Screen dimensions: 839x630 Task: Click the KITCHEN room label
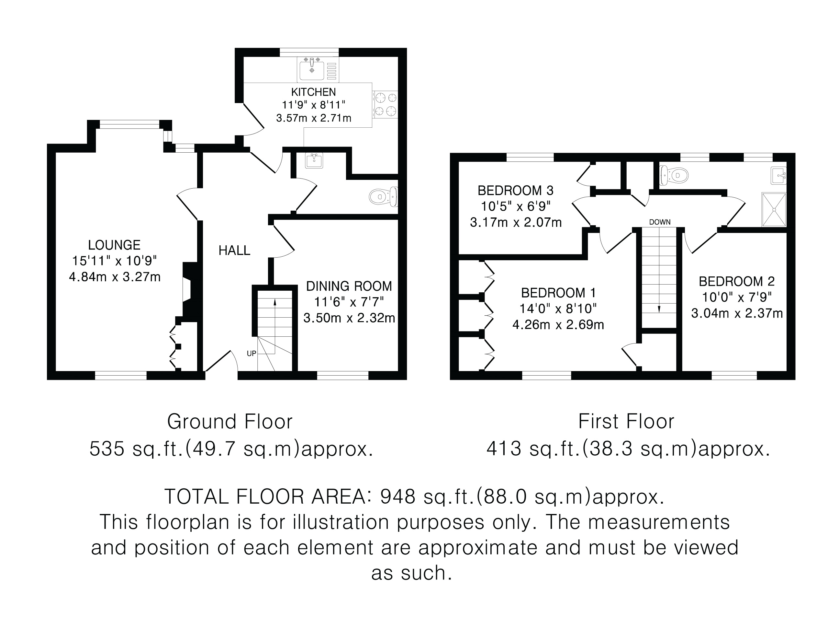pos(313,92)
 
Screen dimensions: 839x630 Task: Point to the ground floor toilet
pos(383,197)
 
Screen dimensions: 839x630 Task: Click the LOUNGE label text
pos(114,245)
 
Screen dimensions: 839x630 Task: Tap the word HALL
pos(234,250)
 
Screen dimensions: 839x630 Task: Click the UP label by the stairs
pos(252,354)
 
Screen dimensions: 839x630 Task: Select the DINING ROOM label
pos(349,286)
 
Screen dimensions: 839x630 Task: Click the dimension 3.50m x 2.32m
pos(349,318)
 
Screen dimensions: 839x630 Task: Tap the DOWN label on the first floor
pos(660,222)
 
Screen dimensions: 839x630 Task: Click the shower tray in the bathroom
pos(774,209)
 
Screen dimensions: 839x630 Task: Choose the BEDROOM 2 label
pos(737,281)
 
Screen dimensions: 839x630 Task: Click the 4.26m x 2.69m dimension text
pos(558,325)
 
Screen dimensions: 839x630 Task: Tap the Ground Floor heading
pos(230,422)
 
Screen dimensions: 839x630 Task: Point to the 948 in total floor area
pos(398,496)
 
